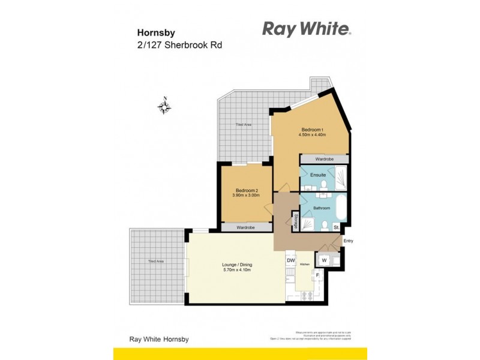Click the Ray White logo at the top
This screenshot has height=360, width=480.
point(306,29)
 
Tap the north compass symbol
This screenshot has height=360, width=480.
point(164,107)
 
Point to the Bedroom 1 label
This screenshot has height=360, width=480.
point(312,130)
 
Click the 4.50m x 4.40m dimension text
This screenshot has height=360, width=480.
point(312,136)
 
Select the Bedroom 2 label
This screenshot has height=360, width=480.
point(246,190)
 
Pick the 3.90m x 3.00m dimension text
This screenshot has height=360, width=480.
point(246,196)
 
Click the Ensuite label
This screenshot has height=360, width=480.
point(317,175)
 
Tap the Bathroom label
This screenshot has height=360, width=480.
point(322,208)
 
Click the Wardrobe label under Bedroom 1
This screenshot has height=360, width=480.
point(324,159)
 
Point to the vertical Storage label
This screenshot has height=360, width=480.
point(296,220)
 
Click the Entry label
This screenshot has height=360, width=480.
point(348,241)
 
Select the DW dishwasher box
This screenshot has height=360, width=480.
point(291,260)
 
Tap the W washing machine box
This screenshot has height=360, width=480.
point(324,260)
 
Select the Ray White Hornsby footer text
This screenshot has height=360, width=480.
point(159,339)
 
